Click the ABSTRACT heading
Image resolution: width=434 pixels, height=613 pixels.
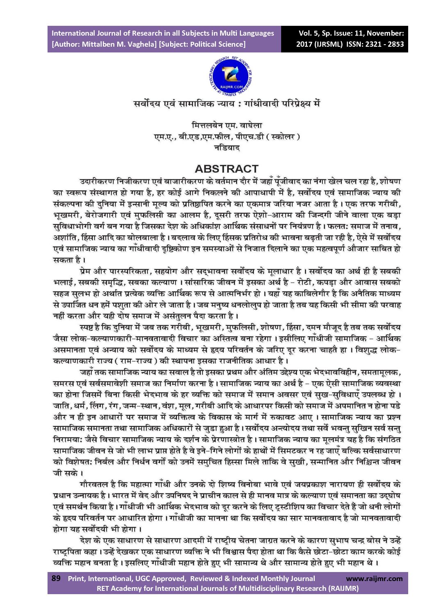point(227,169)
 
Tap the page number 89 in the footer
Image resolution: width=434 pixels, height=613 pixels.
point(56,578)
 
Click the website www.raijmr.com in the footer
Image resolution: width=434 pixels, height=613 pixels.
point(374,579)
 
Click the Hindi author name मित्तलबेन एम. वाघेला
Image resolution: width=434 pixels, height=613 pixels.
point(227,125)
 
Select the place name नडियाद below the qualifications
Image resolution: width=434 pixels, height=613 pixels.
point(227,148)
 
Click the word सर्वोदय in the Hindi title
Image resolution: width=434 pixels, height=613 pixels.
point(148,104)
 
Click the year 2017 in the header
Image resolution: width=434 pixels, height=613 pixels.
point(304,44)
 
